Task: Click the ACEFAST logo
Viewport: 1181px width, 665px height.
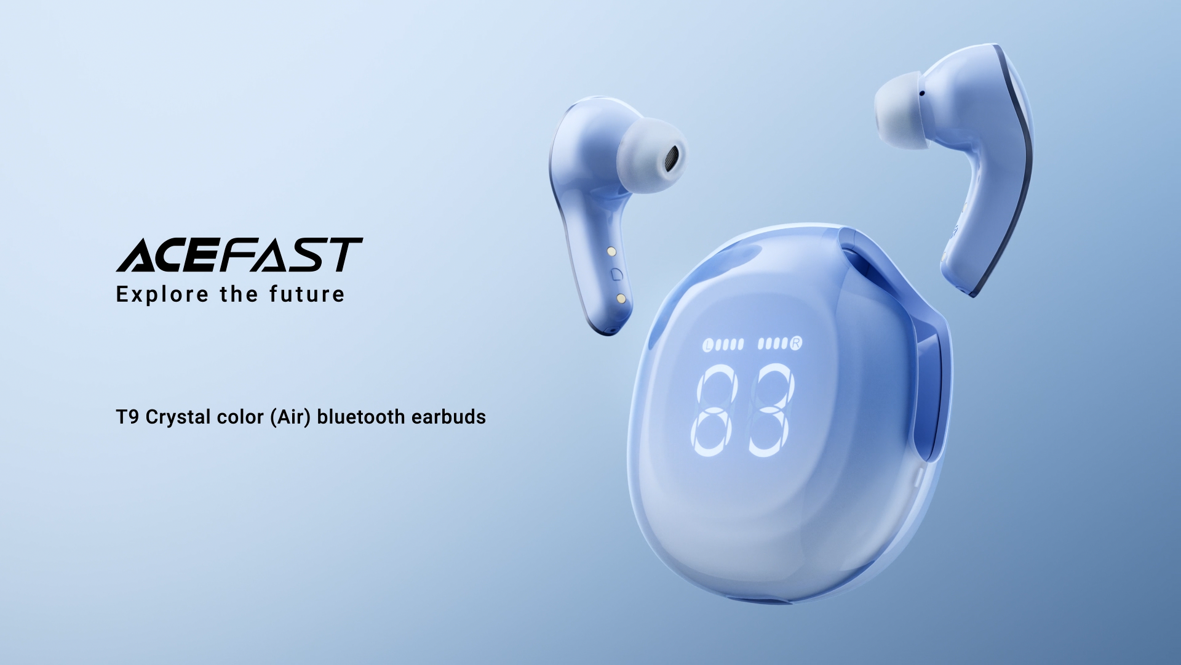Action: point(239,255)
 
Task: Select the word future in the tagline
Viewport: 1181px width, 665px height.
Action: point(307,294)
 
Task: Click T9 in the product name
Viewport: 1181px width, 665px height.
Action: point(127,417)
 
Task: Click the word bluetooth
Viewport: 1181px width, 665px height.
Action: point(360,417)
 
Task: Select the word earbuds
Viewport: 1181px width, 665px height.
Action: point(448,417)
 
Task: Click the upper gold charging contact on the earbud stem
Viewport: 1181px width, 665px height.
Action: point(611,252)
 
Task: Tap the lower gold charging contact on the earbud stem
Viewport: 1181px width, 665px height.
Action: point(621,299)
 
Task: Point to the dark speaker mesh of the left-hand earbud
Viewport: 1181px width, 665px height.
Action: point(672,159)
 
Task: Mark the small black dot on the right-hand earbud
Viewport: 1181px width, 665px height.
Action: point(921,94)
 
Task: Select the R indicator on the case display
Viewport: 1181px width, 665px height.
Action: point(796,343)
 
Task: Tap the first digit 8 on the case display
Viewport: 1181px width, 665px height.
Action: point(714,410)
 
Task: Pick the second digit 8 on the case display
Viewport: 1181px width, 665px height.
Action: point(771,409)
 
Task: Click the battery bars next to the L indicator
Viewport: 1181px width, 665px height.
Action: point(730,344)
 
